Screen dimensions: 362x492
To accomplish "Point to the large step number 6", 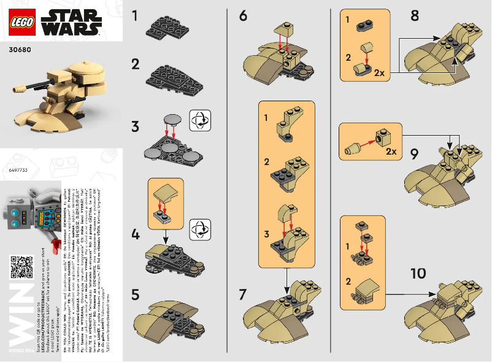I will [244, 16].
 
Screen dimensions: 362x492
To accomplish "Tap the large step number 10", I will [418, 272].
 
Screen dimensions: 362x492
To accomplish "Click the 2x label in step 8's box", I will [379, 72].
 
